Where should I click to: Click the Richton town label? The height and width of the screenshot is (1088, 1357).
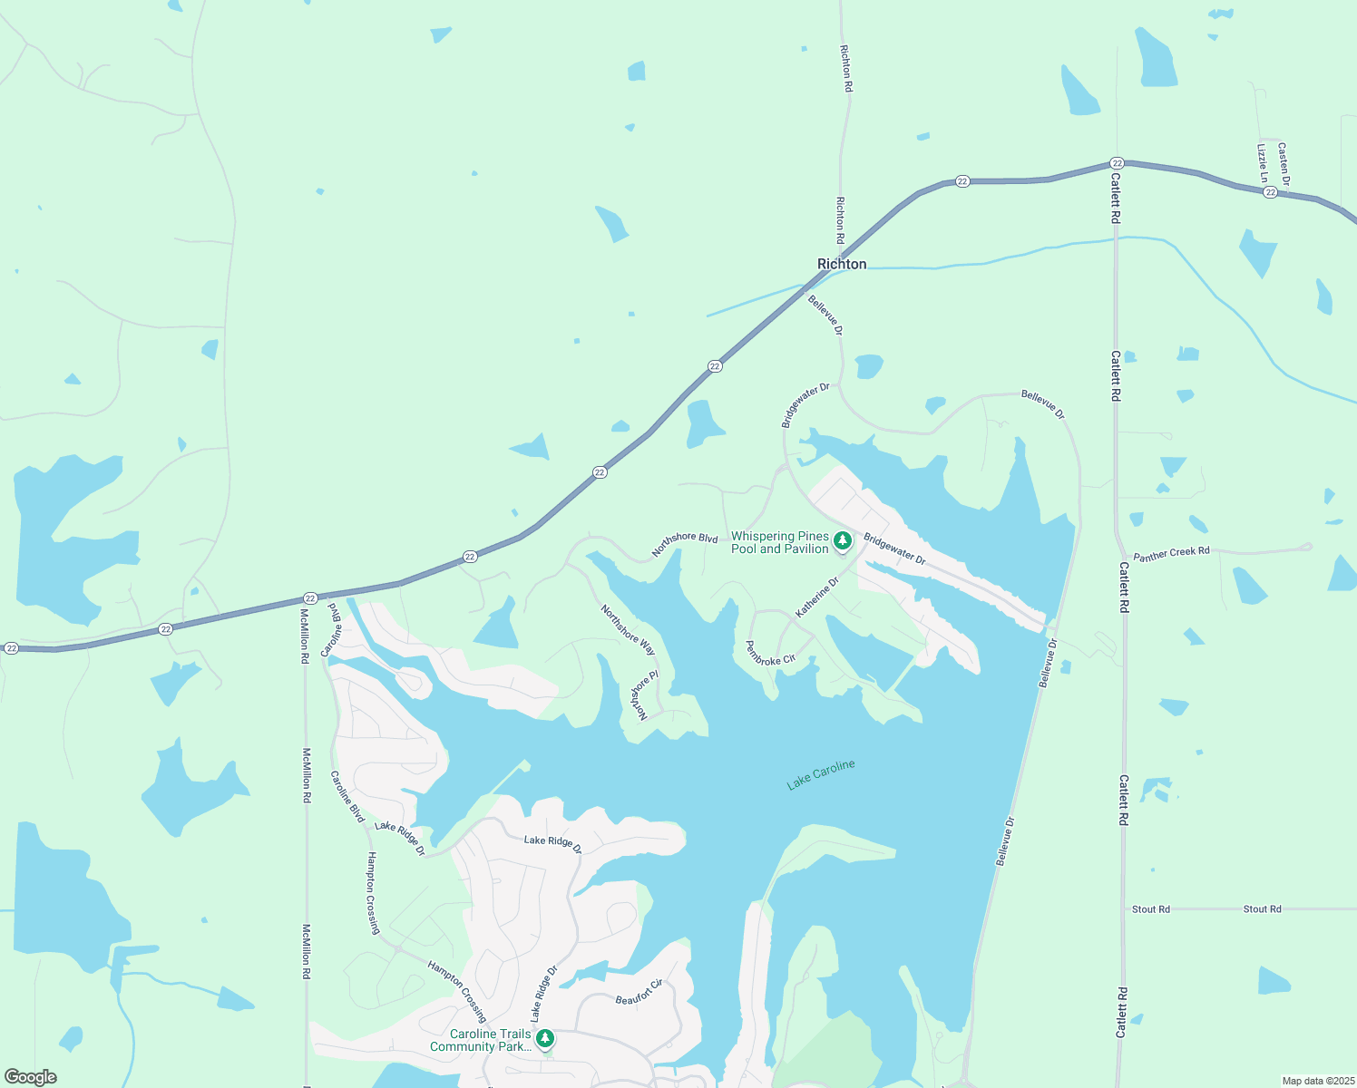coord(842,264)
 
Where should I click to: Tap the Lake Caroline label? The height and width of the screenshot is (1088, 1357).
coord(821,774)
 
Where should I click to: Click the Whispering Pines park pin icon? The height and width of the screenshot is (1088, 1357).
coord(843,541)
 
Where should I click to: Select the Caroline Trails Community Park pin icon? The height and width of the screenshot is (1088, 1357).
coord(545,1038)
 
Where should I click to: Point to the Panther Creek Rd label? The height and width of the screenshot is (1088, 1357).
coord(1171,553)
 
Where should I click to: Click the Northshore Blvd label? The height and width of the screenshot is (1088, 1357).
coord(685,543)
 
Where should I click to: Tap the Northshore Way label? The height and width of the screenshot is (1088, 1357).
coord(628,629)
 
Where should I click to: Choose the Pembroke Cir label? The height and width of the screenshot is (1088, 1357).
coord(770,654)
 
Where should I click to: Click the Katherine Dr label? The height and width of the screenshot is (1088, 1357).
coord(817,597)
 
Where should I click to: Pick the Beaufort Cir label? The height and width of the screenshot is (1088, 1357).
coord(639,993)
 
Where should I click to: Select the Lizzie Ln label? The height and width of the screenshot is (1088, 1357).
coord(1262,162)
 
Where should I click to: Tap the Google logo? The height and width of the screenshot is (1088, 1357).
coord(31,1077)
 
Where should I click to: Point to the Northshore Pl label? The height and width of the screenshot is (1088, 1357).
coord(642,695)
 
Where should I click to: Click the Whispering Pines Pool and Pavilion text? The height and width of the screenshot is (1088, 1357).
coord(780,542)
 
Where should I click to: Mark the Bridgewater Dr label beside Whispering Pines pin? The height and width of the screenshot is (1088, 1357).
coord(894,549)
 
